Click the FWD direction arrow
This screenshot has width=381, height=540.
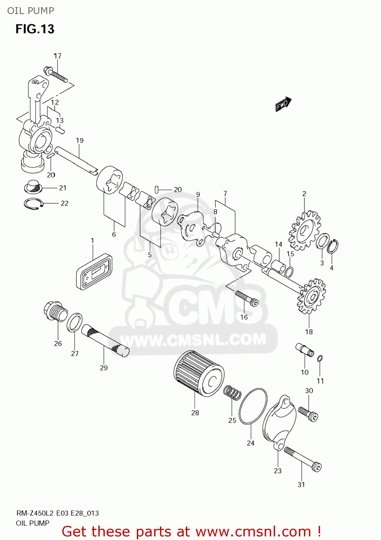(283, 104)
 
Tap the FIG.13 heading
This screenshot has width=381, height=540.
(35, 29)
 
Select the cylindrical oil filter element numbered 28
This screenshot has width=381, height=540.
(198, 374)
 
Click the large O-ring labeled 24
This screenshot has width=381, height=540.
(253, 406)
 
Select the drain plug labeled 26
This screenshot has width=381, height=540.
(55, 311)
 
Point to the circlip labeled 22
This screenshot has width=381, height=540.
(33, 203)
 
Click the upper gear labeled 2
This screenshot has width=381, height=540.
(305, 231)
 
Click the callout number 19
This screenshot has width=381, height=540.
(80, 140)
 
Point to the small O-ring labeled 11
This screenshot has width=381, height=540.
(320, 358)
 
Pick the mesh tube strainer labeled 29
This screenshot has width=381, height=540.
(105, 340)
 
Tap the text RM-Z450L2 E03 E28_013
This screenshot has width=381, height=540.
(58, 513)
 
